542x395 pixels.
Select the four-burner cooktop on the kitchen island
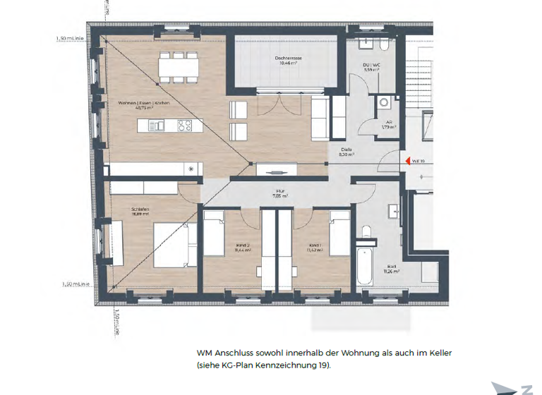tap(185, 126)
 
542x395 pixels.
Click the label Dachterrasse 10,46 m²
tap(287, 61)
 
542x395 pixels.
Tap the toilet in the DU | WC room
tap(382, 46)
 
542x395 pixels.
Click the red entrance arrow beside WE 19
tap(406, 161)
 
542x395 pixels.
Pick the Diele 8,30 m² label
tap(347, 152)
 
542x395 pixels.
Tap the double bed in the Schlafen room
tap(171, 244)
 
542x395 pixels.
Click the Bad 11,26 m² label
tap(392, 269)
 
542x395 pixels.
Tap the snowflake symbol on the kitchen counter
tap(191, 169)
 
